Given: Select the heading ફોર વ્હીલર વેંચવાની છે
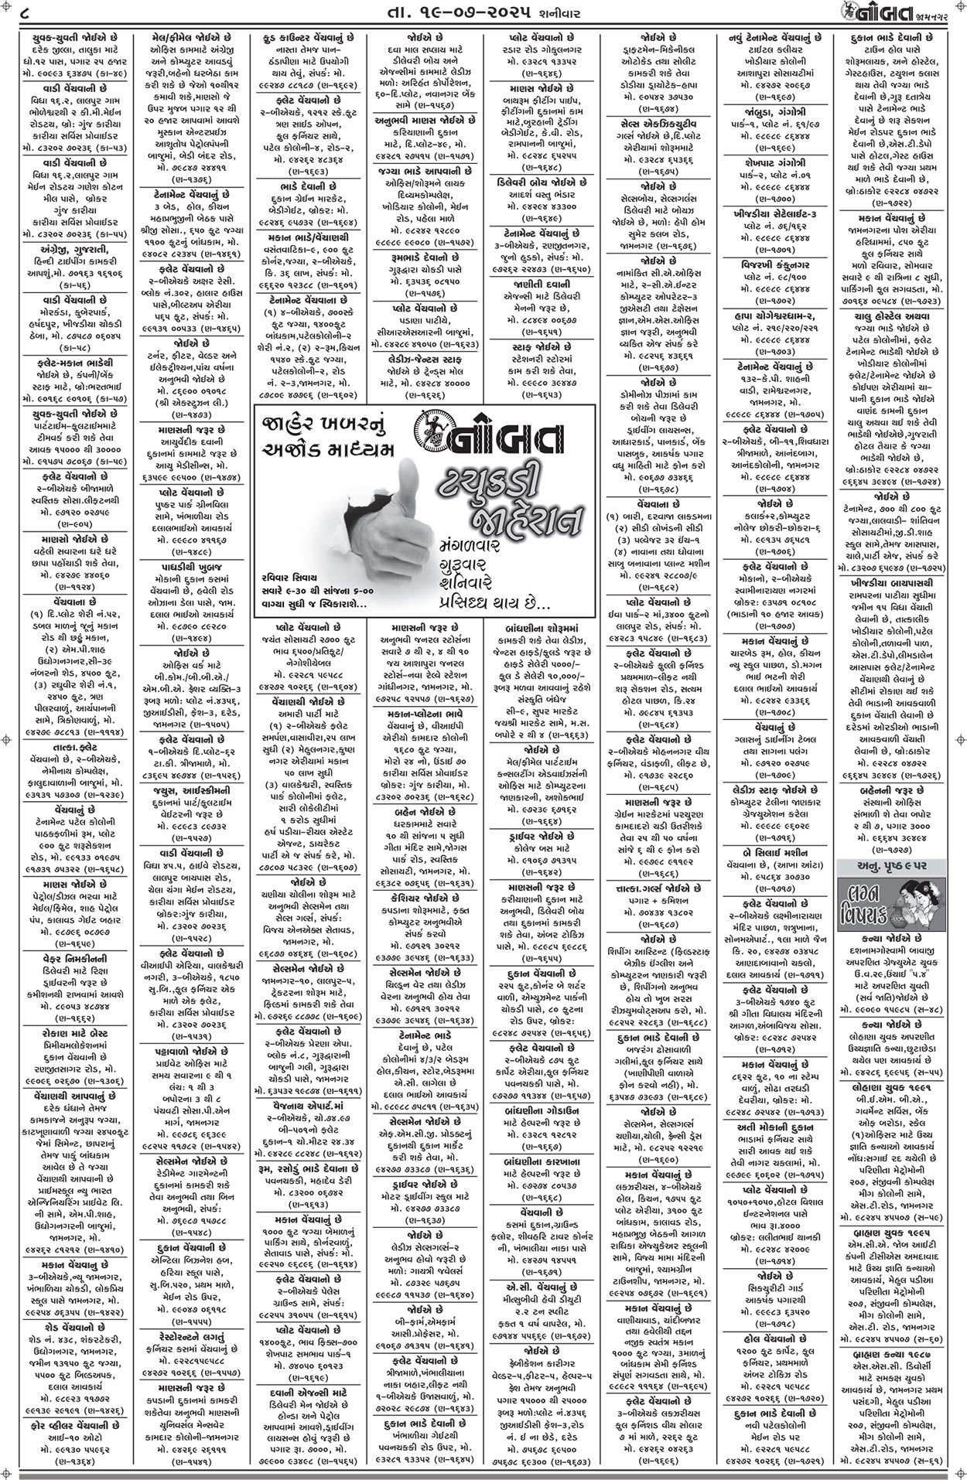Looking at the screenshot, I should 60,1440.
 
